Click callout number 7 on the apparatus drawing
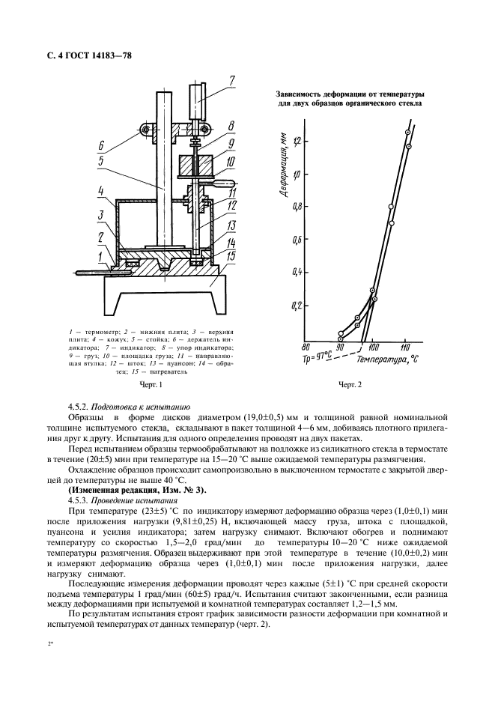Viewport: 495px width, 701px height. [x=231, y=80]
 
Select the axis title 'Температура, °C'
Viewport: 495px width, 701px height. [x=387, y=360]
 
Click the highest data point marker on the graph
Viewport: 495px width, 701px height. [x=407, y=133]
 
